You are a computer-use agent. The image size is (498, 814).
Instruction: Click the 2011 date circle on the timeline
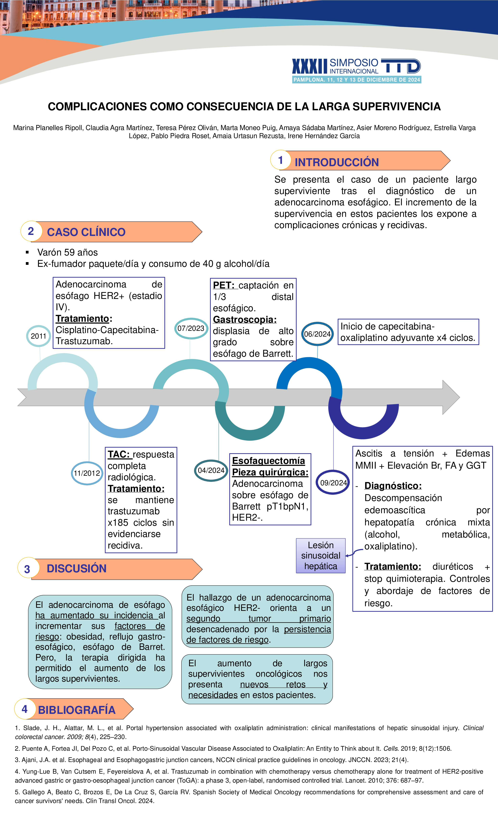click(x=39, y=336)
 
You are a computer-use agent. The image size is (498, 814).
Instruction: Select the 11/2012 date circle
click(x=87, y=473)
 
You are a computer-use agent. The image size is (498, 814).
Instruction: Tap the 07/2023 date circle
click(x=191, y=328)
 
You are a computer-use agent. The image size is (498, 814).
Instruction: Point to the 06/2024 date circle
click(x=317, y=334)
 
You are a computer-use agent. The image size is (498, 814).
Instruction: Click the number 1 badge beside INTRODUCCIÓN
click(x=280, y=160)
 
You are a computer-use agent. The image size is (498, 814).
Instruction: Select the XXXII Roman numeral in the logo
click(x=309, y=66)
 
